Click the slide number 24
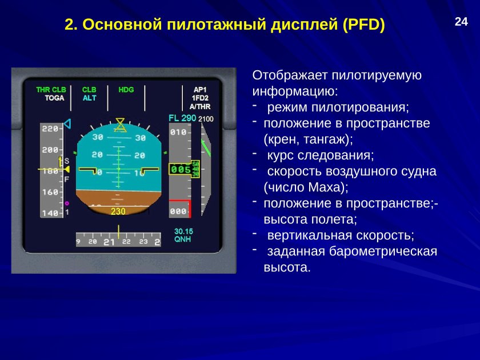pos(461,22)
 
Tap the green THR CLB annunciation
pos(51,90)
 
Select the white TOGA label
pos(54,98)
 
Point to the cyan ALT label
pos(89,98)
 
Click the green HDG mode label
pos(126,90)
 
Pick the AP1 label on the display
pos(200,90)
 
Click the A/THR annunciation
pos(200,106)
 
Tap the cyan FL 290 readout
pos(182,118)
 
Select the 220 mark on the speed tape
pos(50,129)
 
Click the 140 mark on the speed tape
pos(50,213)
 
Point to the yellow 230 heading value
pos(118,211)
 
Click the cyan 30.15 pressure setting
pos(183,231)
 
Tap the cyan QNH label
pos(182,239)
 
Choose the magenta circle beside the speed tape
pos(67,203)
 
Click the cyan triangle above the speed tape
pos(67,124)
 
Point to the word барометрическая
pos(383,251)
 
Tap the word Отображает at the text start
pos(290,75)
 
